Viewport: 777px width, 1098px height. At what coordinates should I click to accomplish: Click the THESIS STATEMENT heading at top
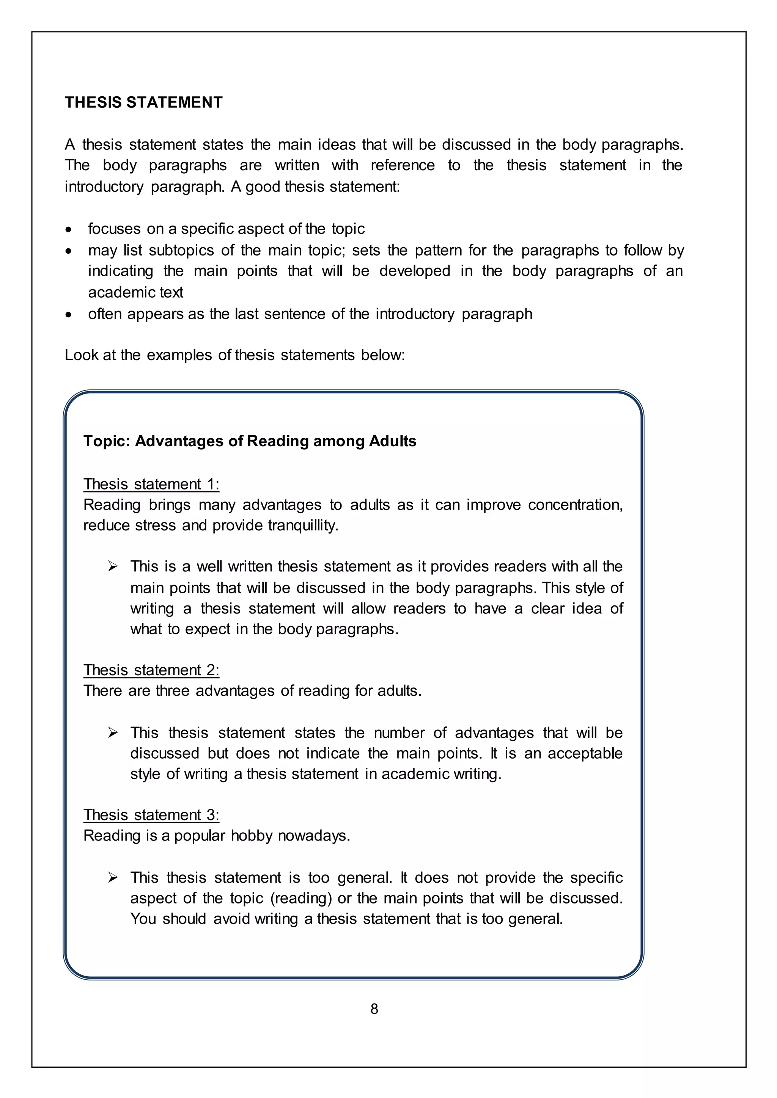pyautogui.click(x=143, y=102)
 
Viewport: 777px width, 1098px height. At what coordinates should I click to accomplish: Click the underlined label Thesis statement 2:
pyautogui.click(x=151, y=670)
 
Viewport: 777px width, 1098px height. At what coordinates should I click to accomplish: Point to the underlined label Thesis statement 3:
pyautogui.click(x=151, y=815)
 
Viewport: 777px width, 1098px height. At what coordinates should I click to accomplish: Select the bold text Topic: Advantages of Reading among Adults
pyautogui.click(x=250, y=441)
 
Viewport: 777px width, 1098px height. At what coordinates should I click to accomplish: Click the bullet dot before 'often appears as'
pyautogui.click(x=69, y=315)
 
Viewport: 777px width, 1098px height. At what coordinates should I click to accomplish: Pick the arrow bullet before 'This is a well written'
pyautogui.click(x=113, y=567)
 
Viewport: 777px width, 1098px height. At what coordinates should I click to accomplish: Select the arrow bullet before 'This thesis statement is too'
pyautogui.click(x=113, y=878)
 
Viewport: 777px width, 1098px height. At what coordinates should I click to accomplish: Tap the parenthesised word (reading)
pyautogui.click(x=301, y=898)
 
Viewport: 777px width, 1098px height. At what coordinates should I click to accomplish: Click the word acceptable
pyautogui.click(x=585, y=753)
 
